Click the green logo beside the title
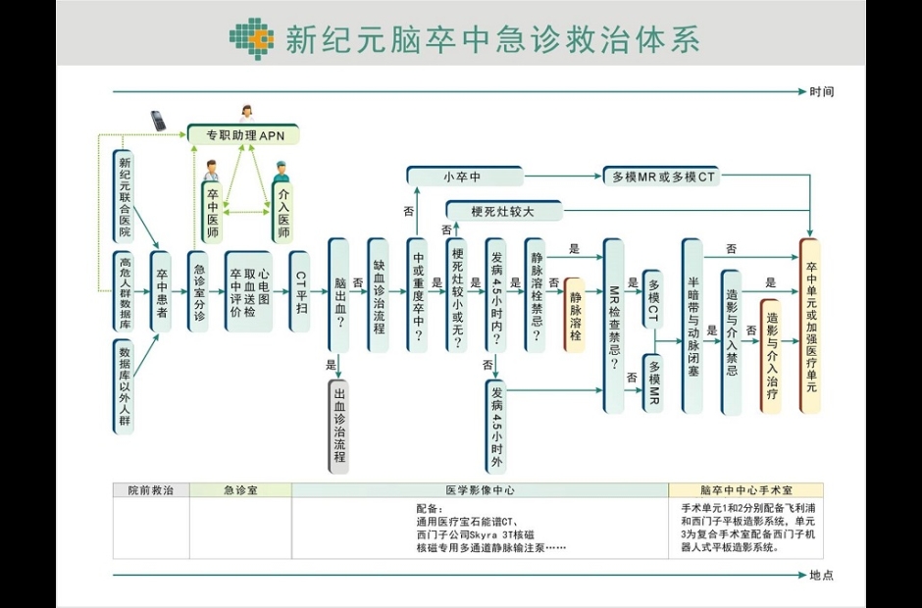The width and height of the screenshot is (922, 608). [251, 38]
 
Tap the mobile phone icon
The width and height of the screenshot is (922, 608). [158, 121]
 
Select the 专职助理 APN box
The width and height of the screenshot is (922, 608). [243, 134]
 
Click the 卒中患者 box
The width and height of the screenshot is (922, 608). [161, 291]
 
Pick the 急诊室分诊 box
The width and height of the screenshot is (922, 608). [199, 291]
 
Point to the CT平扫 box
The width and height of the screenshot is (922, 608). [300, 291]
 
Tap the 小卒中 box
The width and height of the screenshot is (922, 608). [465, 177]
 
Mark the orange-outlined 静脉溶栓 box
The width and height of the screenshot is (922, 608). [575, 315]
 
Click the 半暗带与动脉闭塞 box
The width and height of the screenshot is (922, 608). [692, 325]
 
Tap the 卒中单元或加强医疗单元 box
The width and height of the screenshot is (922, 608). [810, 325]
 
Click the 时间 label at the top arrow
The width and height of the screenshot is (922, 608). [822, 92]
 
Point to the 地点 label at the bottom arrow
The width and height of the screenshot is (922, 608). [822, 576]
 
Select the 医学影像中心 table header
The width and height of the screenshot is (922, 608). [480, 490]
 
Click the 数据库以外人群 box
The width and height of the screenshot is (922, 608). [124, 386]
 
